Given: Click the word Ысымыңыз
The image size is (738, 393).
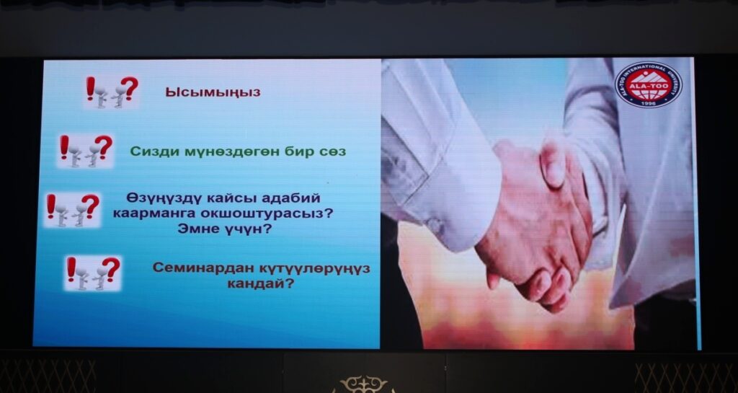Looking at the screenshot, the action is pyautogui.click(x=213, y=92).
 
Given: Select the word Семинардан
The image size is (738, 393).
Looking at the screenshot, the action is pyautogui.click(x=203, y=268).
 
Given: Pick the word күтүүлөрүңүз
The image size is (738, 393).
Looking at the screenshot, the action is pyautogui.click(x=315, y=269).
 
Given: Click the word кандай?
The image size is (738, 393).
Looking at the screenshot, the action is pyautogui.click(x=260, y=284).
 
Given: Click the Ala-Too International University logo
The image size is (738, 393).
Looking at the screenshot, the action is pyautogui.click(x=648, y=84).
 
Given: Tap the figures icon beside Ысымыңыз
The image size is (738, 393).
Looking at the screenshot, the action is pyautogui.click(x=112, y=92).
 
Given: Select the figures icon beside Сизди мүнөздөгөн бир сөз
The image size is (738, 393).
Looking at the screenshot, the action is pyautogui.click(x=86, y=151).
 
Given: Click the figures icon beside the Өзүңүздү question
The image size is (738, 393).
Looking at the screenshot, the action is pyautogui.click(x=73, y=210).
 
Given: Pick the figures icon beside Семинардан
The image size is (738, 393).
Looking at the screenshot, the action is pyautogui.click(x=93, y=273).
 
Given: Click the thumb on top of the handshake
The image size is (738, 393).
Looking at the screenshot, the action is pyautogui.click(x=553, y=164).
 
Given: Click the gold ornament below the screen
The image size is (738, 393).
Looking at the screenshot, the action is pyautogui.click(x=363, y=384).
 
